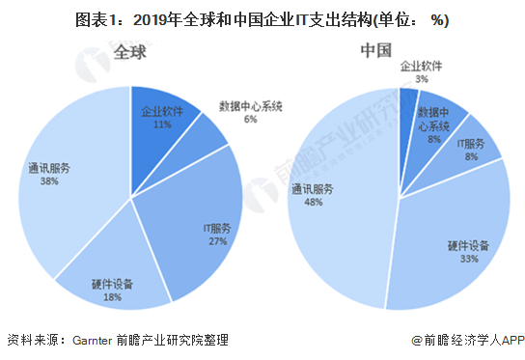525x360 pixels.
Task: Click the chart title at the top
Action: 262,21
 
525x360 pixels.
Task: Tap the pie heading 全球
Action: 130,52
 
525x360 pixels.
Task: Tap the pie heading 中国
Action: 376,50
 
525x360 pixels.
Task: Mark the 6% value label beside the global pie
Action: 251,120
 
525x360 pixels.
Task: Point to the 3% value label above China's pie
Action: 422,79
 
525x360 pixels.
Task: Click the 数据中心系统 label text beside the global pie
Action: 251,106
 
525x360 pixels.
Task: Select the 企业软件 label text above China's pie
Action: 421,67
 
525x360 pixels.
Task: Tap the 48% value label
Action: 314,202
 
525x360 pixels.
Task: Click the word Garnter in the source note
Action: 92,341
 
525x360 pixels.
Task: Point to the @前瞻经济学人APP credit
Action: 468,341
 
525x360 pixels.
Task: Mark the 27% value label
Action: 218,241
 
